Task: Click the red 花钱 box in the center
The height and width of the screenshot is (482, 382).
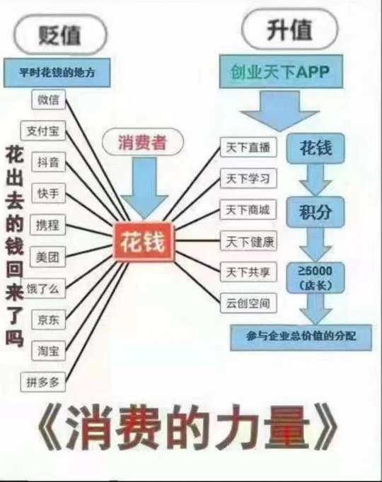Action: (144, 242)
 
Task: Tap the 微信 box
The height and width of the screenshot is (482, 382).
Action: (49, 99)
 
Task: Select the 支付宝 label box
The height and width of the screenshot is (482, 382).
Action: (43, 131)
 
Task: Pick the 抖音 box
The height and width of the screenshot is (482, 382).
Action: (49, 162)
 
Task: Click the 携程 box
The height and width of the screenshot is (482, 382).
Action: (47, 225)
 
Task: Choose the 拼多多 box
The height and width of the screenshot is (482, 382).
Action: (43, 382)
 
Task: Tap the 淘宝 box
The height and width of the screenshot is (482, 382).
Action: (49, 351)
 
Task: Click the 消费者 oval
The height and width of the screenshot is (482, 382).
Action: (143, 142)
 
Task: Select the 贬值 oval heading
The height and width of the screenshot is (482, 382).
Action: (60, 35)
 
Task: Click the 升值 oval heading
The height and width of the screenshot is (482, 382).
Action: (290, 30)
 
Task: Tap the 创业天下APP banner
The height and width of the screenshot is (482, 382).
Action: (281, 71)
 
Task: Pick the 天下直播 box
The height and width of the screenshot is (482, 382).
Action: (248, 147)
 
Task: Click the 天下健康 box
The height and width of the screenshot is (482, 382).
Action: (248, 241)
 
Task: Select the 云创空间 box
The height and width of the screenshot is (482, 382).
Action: (248, 303)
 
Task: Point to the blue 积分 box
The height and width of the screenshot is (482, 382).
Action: (316, 212)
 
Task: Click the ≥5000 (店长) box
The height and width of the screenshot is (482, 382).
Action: (316, 278)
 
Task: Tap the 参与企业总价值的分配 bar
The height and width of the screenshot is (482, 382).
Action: (301, 338)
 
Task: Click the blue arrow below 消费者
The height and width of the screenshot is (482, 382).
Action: (144, 188)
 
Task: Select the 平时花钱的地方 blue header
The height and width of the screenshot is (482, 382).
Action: (57, 73)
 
